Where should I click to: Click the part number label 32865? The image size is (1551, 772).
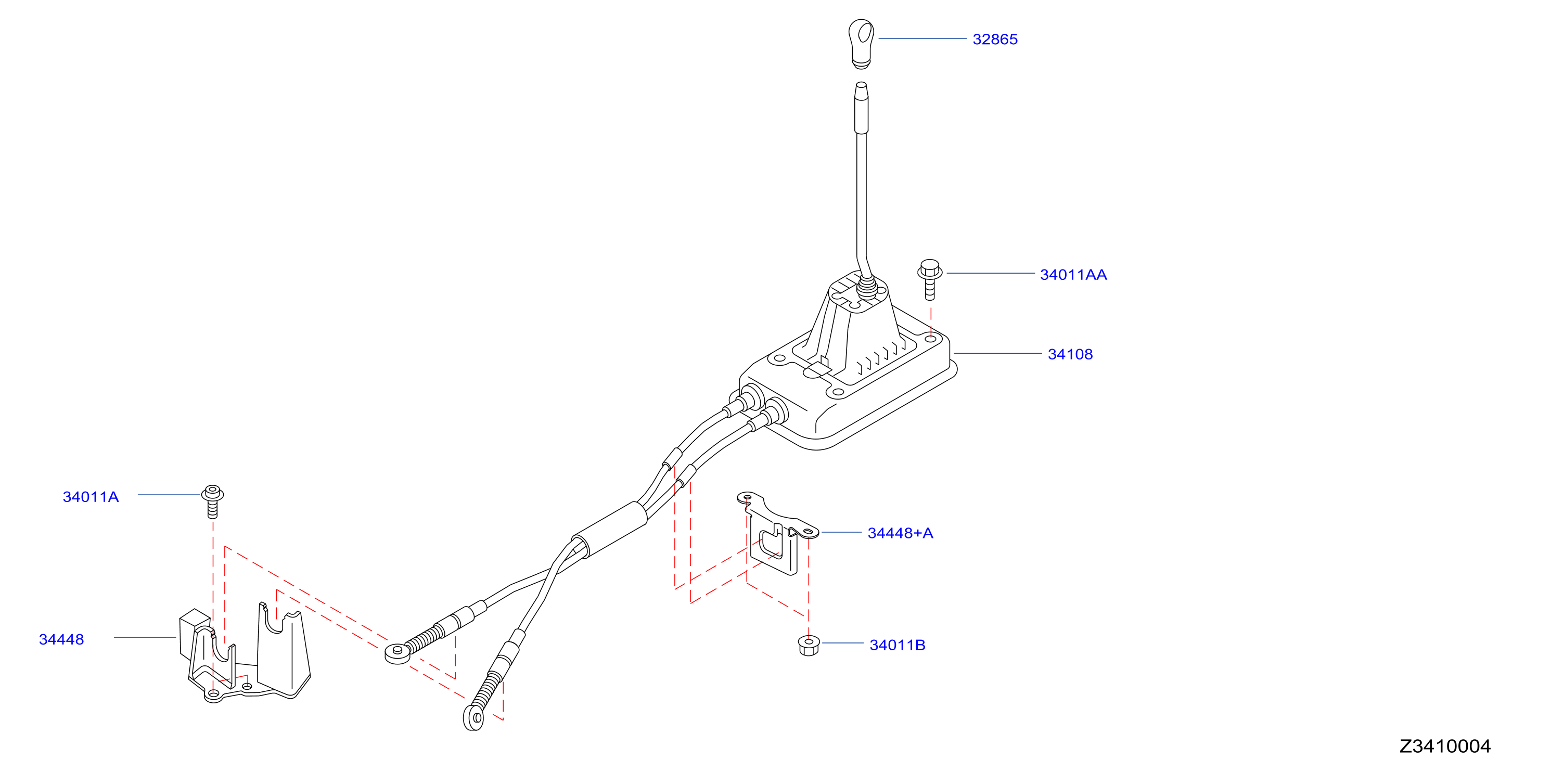point(995,39)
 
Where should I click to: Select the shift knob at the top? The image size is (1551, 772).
point(861,43)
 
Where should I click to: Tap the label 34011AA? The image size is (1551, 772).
point(1073,275)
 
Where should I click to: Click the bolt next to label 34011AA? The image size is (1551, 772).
point(930,279)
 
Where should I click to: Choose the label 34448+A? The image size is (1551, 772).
point(900,533)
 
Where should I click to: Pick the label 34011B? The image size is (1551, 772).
point(897,645)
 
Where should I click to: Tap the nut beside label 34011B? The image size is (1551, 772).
point(809,645)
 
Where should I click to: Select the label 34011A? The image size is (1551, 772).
point(91,497)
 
